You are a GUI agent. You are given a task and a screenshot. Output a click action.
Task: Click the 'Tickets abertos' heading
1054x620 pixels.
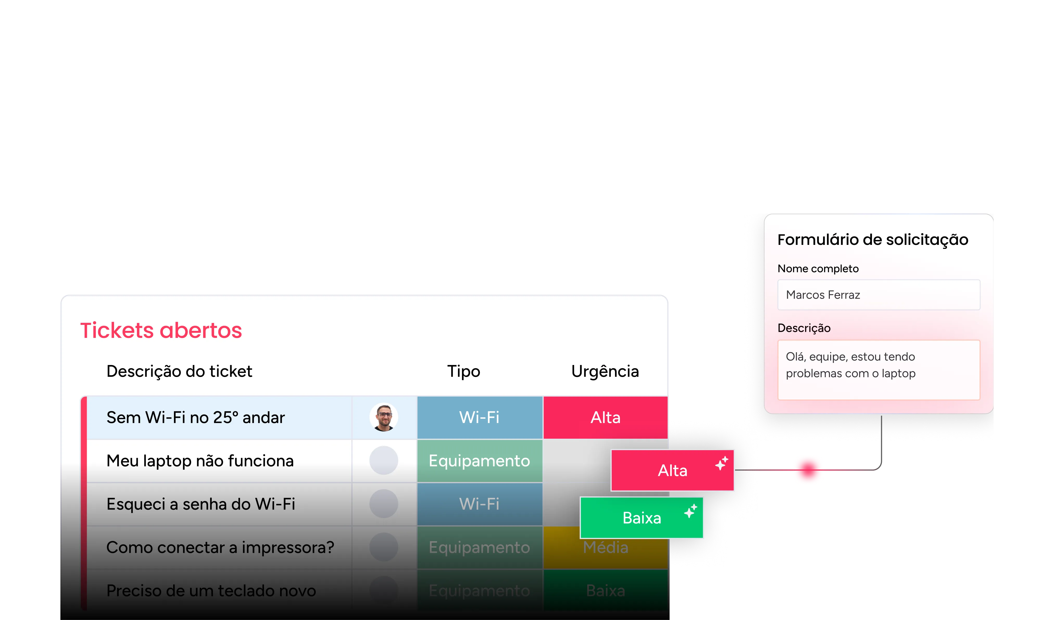pyautogui.click(x=161, y=331)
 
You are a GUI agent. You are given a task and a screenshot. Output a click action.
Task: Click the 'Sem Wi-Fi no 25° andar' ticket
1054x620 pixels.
pyautogui.click(x=196, y=418)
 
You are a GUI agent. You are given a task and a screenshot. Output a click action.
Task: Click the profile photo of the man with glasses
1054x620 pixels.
pyautogui.click(x=384, y=417)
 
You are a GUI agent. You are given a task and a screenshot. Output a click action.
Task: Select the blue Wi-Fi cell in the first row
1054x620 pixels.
pyautogui.click(x=479, y=418)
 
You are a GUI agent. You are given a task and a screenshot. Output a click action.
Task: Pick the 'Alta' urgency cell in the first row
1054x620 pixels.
pyautogui.click(x=605, y=418)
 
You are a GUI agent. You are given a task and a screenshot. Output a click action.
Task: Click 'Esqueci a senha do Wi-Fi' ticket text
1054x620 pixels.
pyautogui.click(x=201, y=504)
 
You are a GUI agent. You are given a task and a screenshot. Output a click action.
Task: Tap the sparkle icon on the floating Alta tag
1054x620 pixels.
pyautogui.click(x=722, y=463)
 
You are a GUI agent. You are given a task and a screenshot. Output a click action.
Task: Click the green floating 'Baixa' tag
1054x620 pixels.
pyautogui.click(x=642, y=518)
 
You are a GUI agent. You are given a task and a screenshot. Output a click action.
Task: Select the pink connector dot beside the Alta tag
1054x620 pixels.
pyautogui.click(x=808, y=470)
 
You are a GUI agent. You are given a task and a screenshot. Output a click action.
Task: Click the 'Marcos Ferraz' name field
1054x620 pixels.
pyautogui.click(x=878, y=295)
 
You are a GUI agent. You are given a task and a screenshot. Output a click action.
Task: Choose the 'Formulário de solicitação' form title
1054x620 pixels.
pyautogui.click(x=873, y=240)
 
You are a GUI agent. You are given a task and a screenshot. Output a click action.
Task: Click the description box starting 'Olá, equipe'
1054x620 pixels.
pyautogui.click(x=878, y=369)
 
